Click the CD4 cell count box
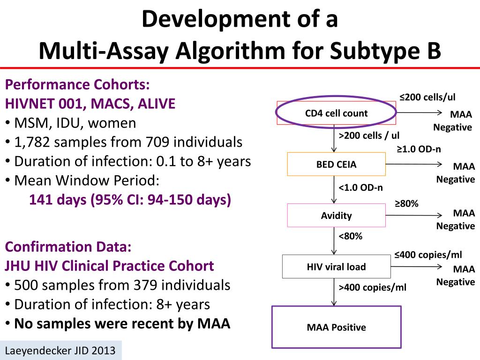(336, 113)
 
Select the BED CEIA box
(336, 165)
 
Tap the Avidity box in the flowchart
(336, 216)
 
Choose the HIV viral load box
(336, 267)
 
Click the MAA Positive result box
(336, 327)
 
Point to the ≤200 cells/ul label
(427, 97)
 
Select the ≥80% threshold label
(406, 203)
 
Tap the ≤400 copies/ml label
(427, 255)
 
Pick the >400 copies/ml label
(372, 287)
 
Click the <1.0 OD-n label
(360, 188)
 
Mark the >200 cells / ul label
(369, 136)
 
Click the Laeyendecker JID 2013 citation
(60, 351)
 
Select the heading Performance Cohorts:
(77, 85)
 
